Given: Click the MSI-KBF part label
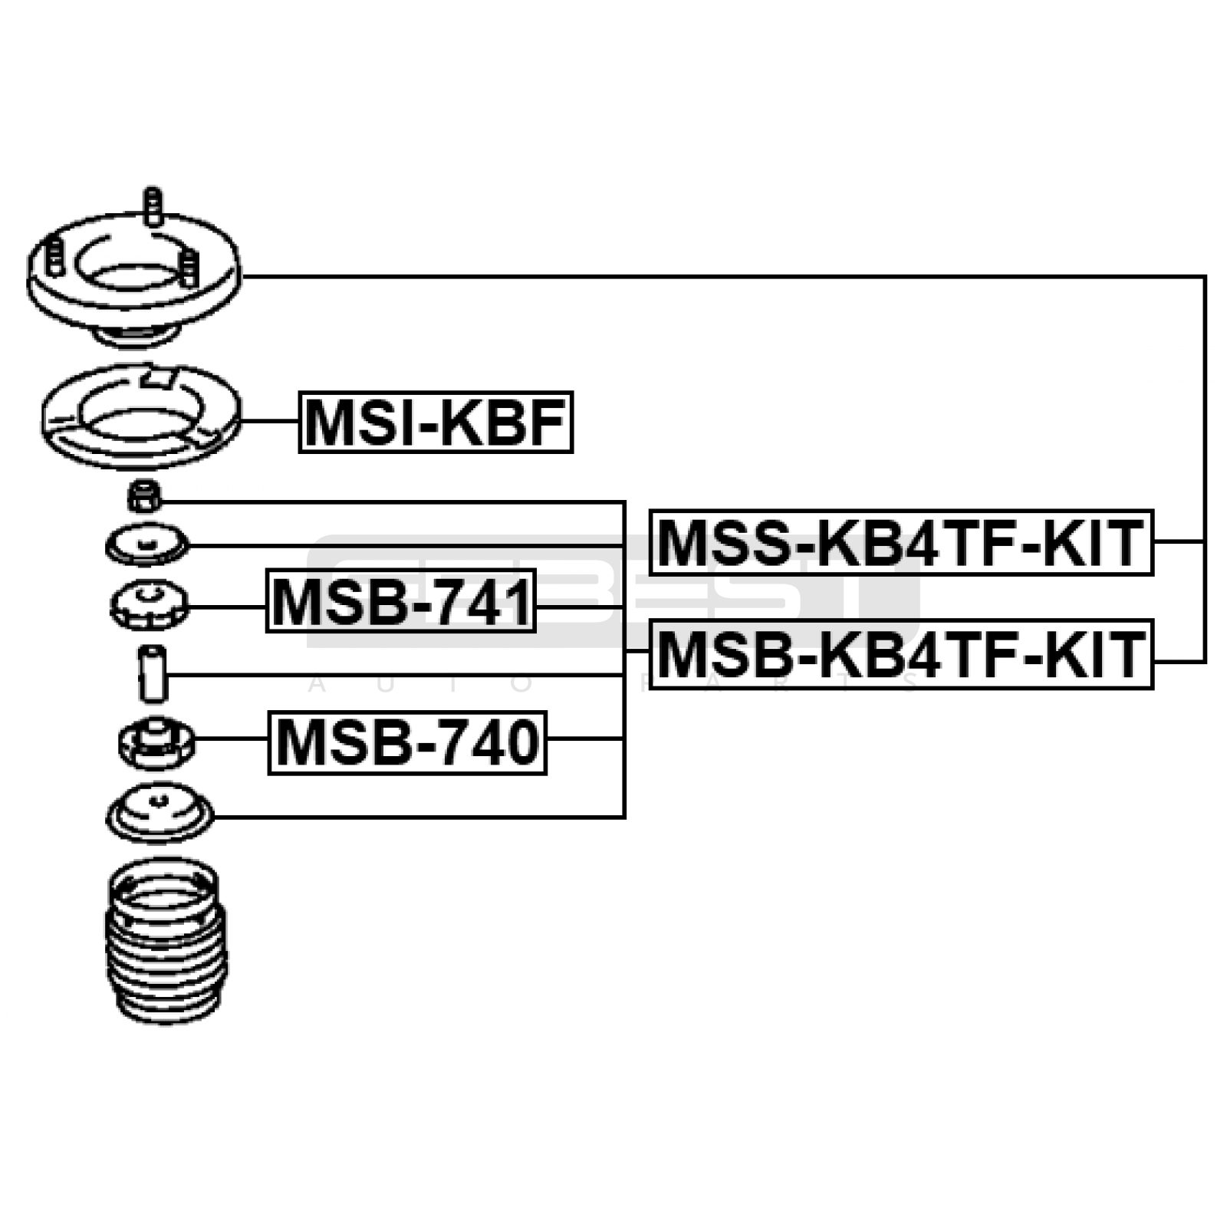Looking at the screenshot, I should point(435,422).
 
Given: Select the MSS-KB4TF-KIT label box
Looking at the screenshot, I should point(901,542).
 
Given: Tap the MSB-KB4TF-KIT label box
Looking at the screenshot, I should point(901,654).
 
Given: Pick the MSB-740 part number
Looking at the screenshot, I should point(406,742).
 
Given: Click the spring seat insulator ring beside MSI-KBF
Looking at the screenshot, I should point(141,418).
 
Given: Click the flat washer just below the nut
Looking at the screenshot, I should point(146,545).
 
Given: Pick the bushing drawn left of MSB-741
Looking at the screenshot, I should point(150,605).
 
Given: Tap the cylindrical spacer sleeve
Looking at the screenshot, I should point(152,674).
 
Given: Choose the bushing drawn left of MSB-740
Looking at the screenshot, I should point(156,742).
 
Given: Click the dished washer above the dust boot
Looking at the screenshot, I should point(160,813).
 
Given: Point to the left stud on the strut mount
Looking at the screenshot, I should point(54,256).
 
